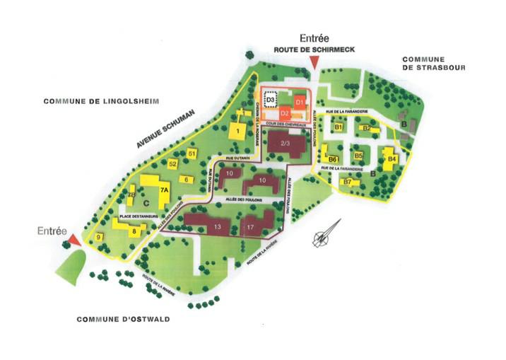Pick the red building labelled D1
click(300, 102)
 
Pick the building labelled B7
click(346, 182)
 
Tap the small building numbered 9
click(100, 236)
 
